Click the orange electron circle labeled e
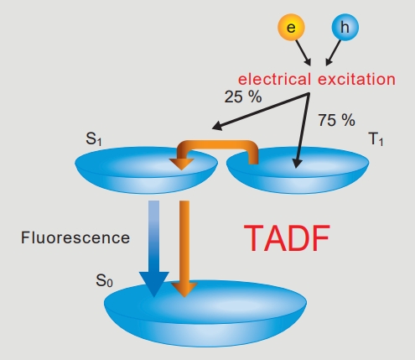click(x=291, y=27)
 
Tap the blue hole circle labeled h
click(x=345, y=27)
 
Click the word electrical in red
click(x=274, y=79)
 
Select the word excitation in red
click(x=357, y=79)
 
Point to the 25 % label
click(x=243, y=97)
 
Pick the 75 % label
click(x=336, y=120)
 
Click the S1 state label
click(x=94, y=138)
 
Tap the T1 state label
click(x=376, y=138)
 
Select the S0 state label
click(x=104, y=280)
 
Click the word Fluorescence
click(x=75, y=237)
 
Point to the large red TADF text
click(x=287, y=238)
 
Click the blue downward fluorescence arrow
click(x=154, y=248)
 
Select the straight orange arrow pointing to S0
click(x=184, y=248)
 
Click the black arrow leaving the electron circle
click(x=303, y=53)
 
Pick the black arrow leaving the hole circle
click(x=334, y=53)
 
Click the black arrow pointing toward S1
click(x=261, y=112)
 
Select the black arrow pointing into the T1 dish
click(x=303, y=131)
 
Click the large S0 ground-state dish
click(x=205, y=313)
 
